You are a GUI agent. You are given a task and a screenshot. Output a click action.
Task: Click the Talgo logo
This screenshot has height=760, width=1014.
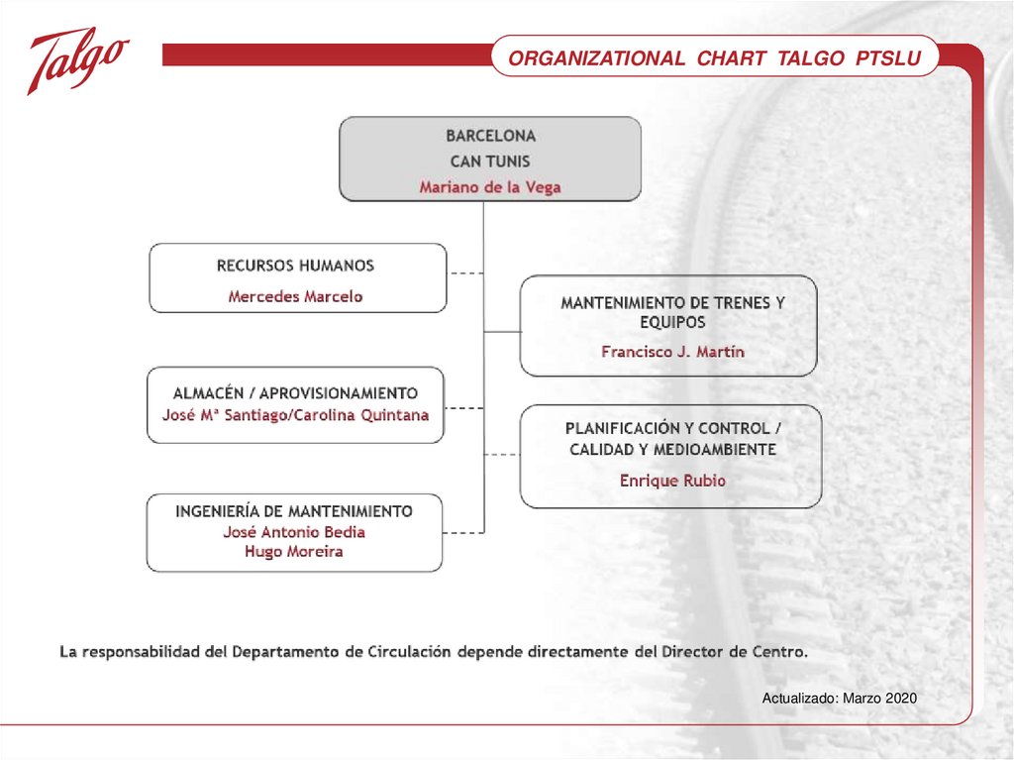77,58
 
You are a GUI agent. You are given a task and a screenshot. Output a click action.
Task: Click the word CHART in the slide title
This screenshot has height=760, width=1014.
731,58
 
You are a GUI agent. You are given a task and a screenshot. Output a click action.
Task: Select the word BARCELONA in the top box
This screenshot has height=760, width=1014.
490,135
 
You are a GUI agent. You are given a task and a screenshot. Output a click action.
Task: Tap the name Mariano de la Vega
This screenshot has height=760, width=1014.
490,186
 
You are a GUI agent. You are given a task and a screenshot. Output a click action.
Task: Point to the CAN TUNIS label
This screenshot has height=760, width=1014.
490,161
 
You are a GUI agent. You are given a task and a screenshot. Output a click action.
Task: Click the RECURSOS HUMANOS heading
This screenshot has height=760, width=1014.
295,266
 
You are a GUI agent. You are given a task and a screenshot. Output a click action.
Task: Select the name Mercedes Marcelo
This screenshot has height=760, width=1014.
295,296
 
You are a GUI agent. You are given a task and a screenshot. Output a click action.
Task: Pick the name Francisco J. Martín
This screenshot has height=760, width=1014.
672,352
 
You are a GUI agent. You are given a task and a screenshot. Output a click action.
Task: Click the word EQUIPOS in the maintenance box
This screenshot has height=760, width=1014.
672,322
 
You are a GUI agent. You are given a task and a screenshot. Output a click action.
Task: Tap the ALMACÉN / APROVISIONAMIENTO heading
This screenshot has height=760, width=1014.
295,393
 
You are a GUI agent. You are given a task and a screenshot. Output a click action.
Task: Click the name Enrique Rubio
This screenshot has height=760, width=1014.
672,481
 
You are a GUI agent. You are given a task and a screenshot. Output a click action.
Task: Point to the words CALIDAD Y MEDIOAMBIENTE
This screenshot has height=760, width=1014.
672,450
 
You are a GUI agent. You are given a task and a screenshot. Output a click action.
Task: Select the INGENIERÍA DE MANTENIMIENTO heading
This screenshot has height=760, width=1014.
294,511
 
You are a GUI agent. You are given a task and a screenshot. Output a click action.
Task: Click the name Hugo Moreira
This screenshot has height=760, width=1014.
294,552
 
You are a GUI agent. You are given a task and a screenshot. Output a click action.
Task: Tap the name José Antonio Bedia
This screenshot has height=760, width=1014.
294,532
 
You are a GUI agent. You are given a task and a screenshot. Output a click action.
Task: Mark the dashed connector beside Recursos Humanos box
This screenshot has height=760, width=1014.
465,272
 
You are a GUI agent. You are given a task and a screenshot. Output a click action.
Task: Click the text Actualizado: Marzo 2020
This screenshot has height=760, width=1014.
839,699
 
